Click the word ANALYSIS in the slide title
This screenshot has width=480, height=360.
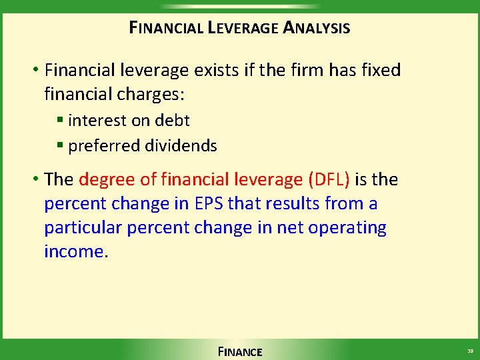[x=317, y=28]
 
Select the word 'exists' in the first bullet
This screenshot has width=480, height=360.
[x=223, y=70]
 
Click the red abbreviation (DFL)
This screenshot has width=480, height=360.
[x=329, y=179]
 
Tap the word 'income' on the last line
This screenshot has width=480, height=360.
[x=73, y=251]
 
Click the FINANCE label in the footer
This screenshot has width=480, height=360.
[x=240, y=351]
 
